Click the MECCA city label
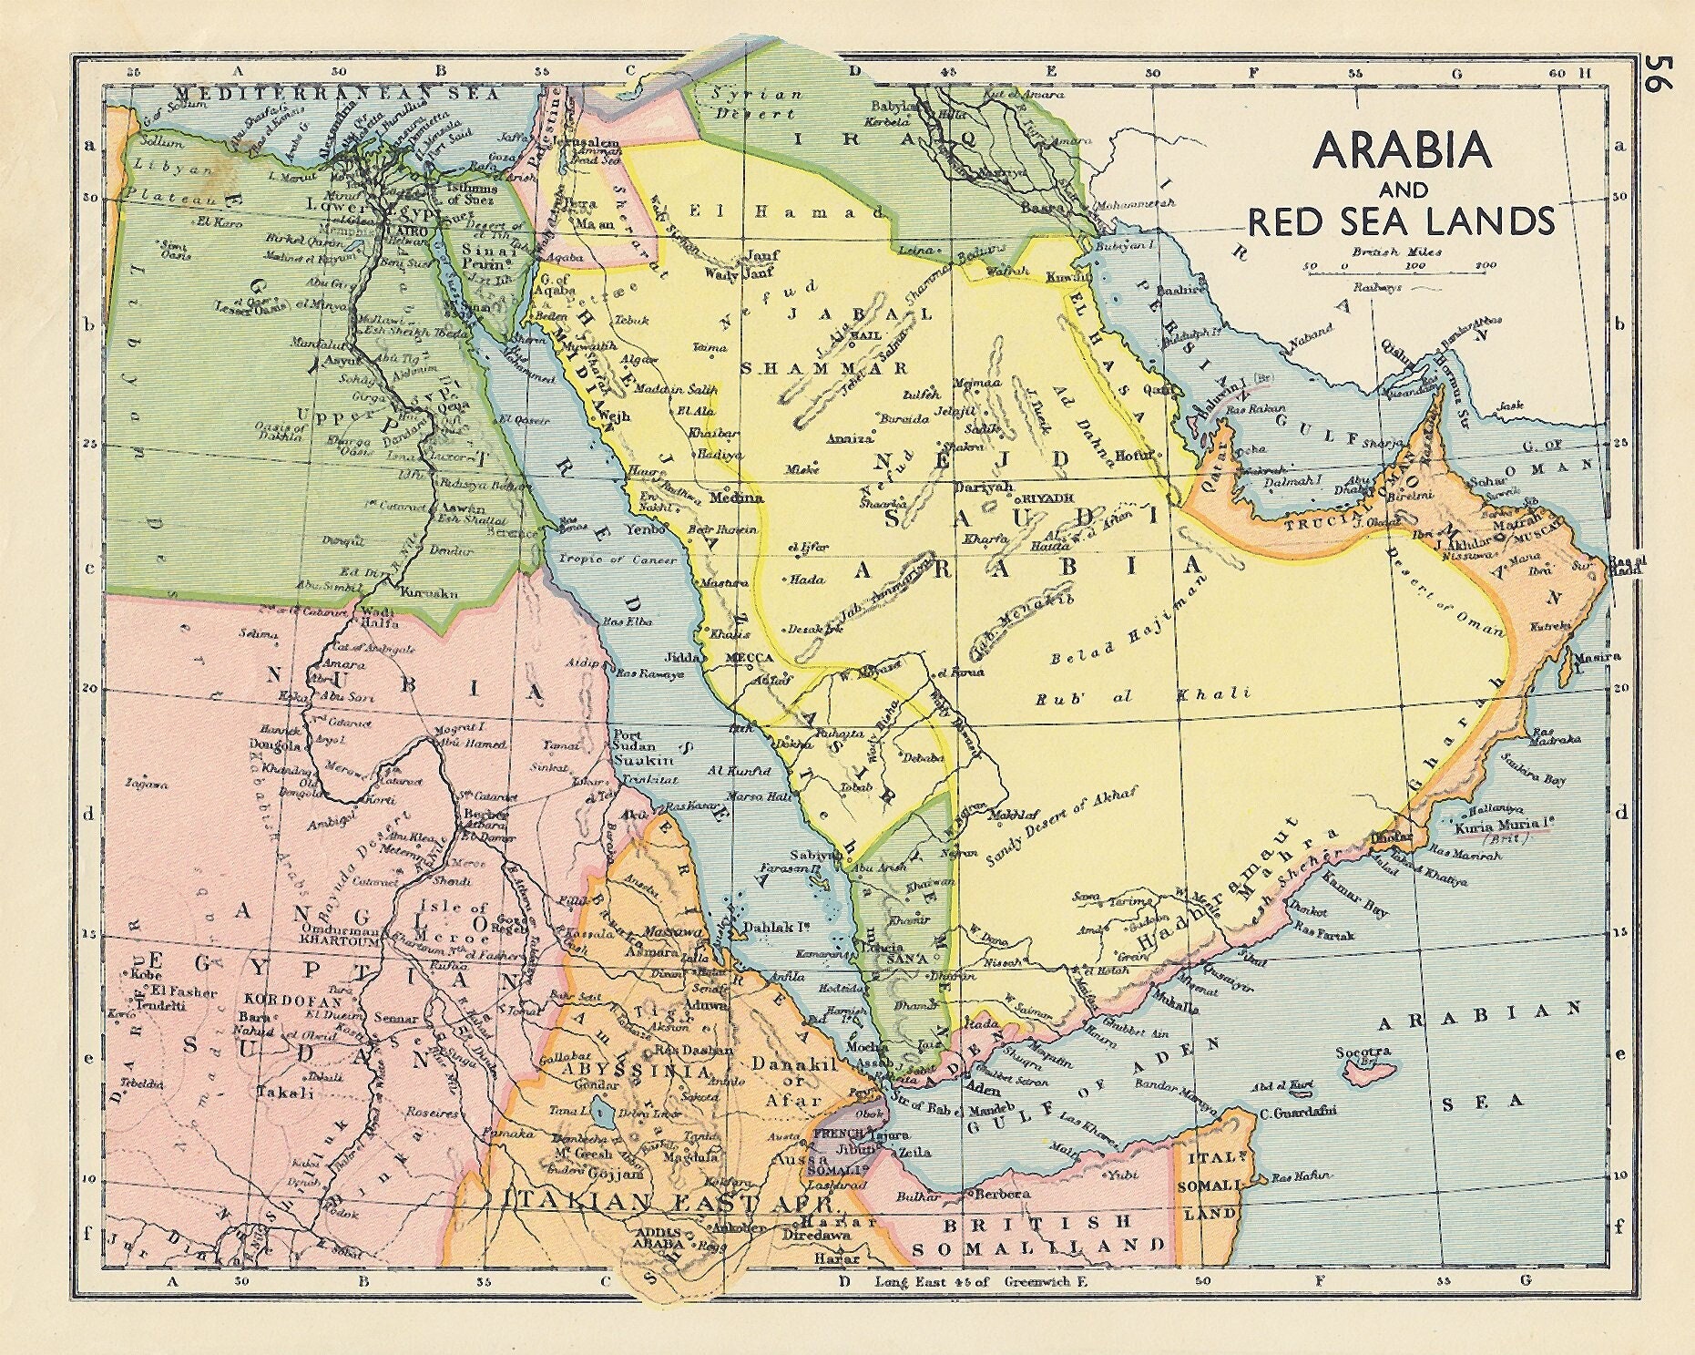tap(749, 656)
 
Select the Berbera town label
tap(1002, 1193)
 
